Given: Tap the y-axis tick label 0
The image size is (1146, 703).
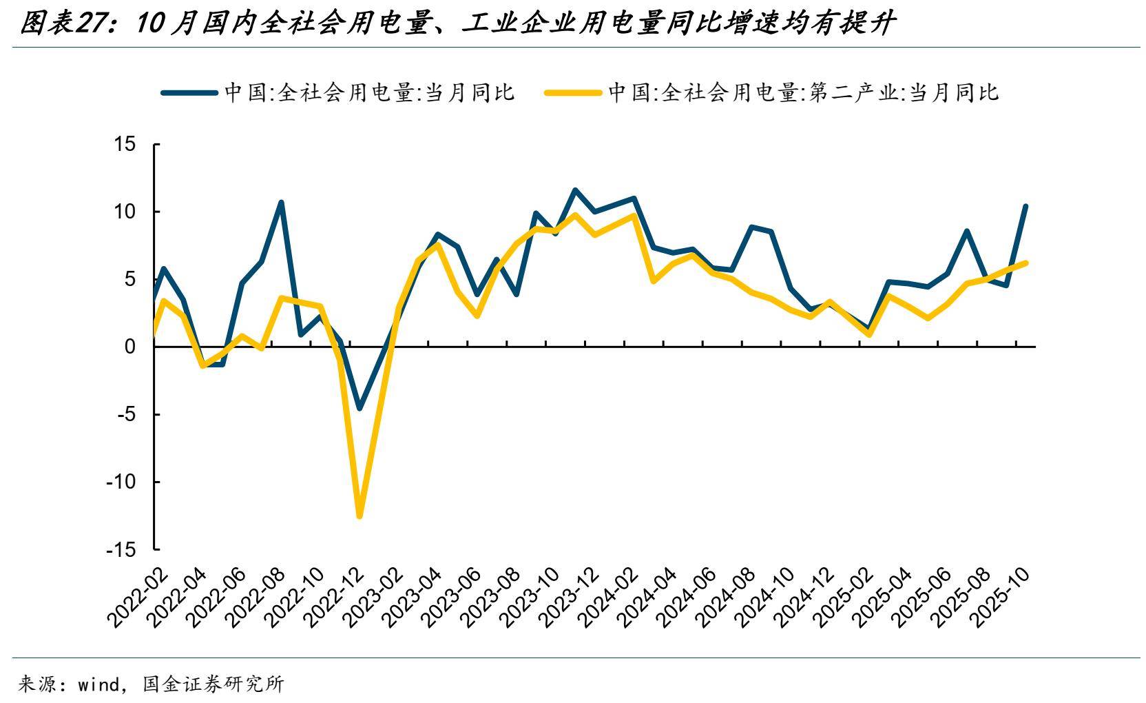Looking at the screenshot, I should (x=130, y=347).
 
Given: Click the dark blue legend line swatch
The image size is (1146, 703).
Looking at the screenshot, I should (x=189, y=92).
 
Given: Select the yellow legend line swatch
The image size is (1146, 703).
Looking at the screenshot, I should (x=572, y=92).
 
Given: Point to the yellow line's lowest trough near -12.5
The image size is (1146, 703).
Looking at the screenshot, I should (x=359, y=516).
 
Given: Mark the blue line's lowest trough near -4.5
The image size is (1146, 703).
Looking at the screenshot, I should (x=359, y=408).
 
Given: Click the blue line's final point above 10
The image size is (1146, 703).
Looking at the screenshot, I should (x=1025, y=206).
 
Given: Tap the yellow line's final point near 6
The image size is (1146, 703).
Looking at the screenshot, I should (x=1026, y=263).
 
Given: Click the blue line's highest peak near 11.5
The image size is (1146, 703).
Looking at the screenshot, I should (x=575, y=190).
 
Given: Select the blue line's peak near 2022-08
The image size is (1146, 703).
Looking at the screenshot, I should (x=281, y=203).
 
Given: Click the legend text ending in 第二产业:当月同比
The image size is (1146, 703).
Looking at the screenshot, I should (x=802, y=92).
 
